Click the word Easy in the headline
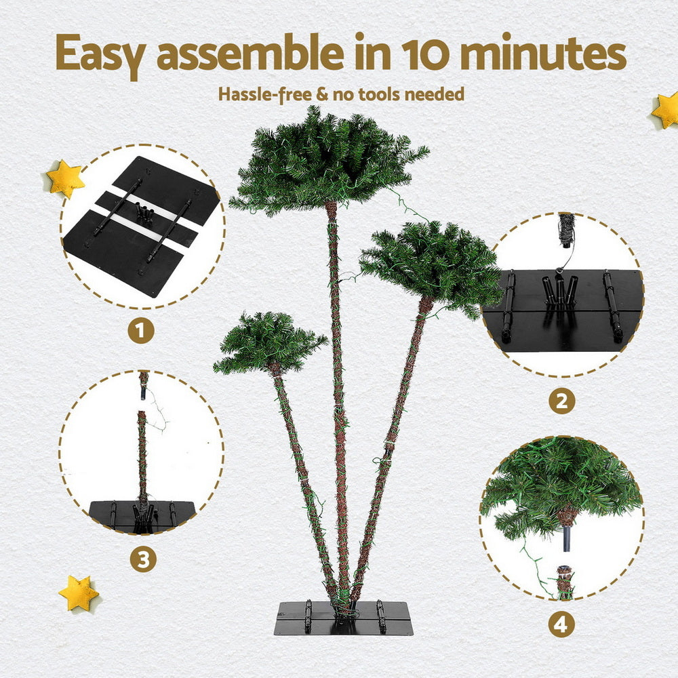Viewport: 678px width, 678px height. (x=100, y=52)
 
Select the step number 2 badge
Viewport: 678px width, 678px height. (x=561, y=401)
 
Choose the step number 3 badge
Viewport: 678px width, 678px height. (x=143, y=559)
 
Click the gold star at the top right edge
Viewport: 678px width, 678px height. (x=666, y=110)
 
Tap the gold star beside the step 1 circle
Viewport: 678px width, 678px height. (x=65, y=179)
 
